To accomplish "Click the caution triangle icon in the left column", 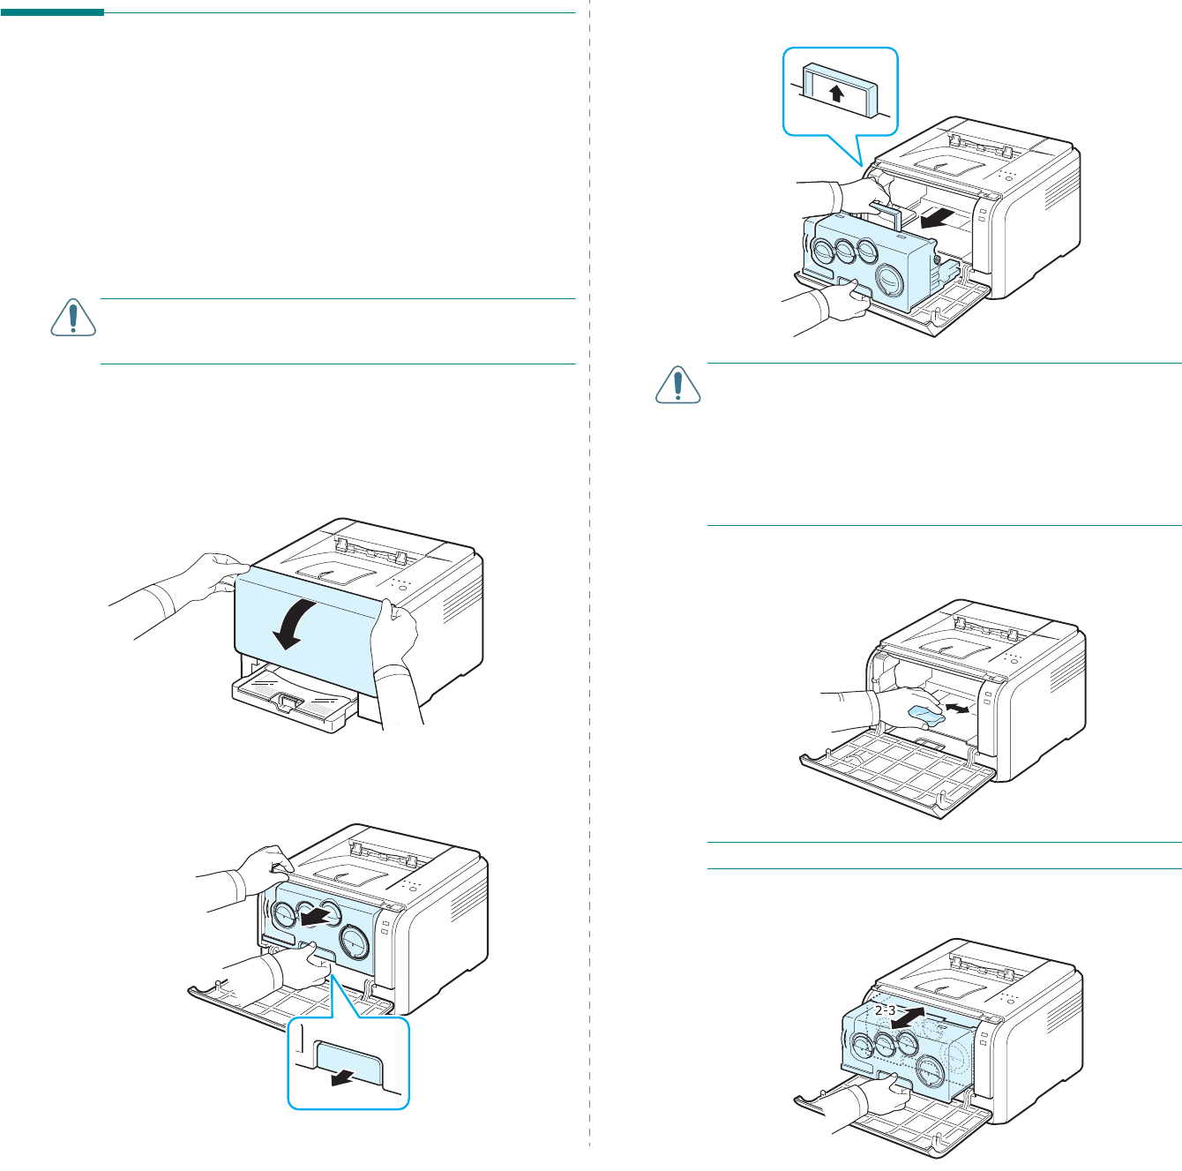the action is pos(72,318).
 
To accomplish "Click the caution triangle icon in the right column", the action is pos(677,384).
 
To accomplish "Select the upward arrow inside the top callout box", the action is pos(837,93).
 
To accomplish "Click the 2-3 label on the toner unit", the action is pos(885,1010).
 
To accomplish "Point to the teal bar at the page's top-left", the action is pos(52,12).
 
